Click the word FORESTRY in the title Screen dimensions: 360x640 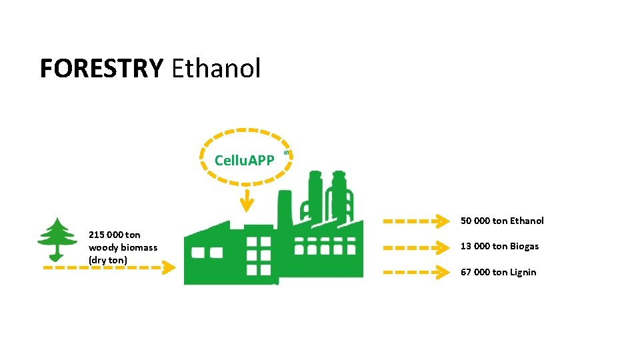click(x=101, y=68)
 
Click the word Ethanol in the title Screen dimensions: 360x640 click(x=216, y=68)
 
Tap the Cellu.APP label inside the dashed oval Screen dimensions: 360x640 click(x=244, y=161)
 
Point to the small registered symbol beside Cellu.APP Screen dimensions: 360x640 click(x=286, y=153)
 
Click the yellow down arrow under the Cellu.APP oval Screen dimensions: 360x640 click(x=247, y=200)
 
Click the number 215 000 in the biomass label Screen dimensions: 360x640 click(x=105, y=235)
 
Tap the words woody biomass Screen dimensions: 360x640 click(x=123, y=247)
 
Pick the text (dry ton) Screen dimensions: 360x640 click(x=107, y=259)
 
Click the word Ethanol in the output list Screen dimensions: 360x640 click(x=527, y=221)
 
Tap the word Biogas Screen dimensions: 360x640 click(x=525, y=246)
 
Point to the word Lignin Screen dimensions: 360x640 click(x=523, y=272)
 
